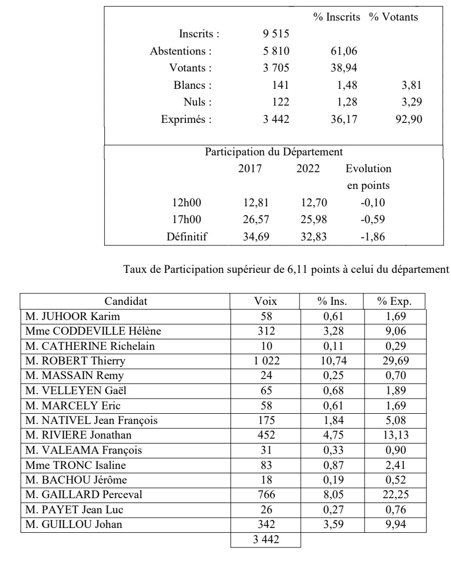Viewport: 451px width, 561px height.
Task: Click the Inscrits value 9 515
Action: pos(276,34)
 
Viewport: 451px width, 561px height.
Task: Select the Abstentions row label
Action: pos(181,51)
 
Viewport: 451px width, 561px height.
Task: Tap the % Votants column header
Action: pos(394,17)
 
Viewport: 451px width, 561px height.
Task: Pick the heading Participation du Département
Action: pos(274,151)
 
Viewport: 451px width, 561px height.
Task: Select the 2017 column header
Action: pos(250,168)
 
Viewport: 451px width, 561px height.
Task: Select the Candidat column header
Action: pos(125,301)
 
